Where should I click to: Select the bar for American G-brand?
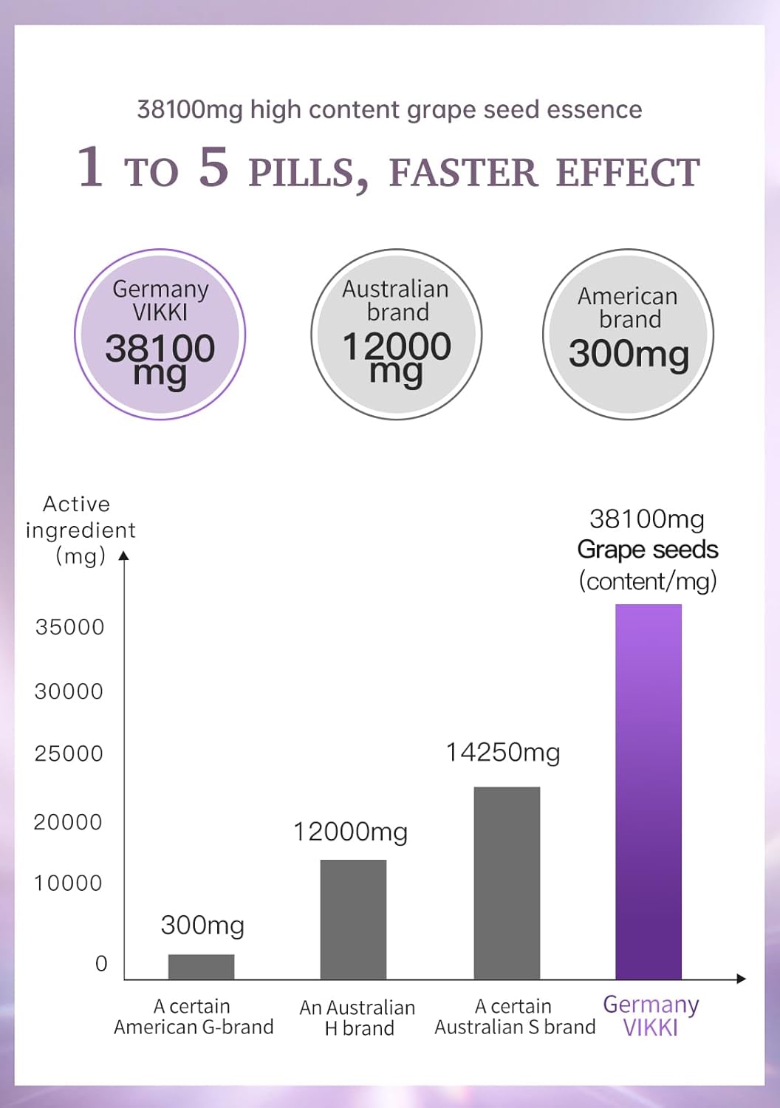point(201,967)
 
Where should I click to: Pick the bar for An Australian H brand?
point(353,920)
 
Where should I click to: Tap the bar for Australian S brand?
point(507,883)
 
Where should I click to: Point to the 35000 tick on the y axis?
point(70,627)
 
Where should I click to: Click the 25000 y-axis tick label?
point(69,754)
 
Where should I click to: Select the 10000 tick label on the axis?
point(68,883)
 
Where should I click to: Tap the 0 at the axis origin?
point(101,964)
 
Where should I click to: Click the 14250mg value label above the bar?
point(503,753)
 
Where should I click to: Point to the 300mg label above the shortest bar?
point(202,926)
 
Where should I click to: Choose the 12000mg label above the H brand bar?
point(351,832)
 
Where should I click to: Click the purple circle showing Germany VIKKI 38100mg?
point(160,335)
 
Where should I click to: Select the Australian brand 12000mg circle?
point(397,335)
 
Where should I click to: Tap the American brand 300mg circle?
point(628,335)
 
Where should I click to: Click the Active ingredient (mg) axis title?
point(78,530)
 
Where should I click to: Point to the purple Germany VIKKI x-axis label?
point(651,1016)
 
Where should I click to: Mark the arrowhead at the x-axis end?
point(741,979)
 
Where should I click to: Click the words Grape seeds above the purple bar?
point(648,550)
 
